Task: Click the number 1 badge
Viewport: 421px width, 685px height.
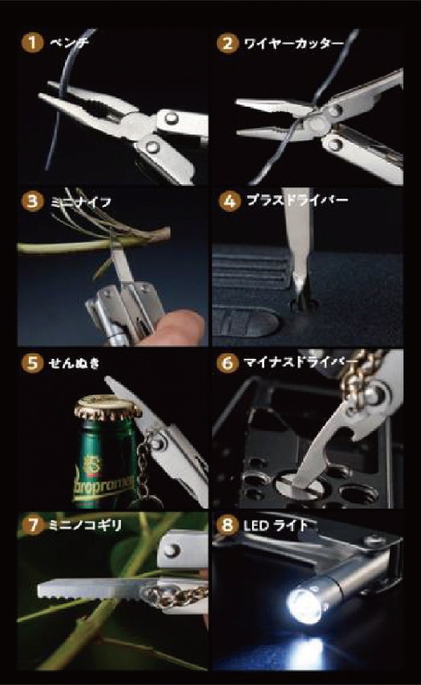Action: [32, 42]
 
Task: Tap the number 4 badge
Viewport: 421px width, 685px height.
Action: [229, 201]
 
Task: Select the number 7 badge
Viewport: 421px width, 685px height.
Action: [32, 525]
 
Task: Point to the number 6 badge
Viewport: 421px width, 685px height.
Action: [227, 363]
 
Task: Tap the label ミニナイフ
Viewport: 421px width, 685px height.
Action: [81, 202]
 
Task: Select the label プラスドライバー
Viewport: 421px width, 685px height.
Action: [297, 200]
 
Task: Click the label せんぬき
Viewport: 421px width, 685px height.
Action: [74, 363]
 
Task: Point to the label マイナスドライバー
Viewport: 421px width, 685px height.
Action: [301, 362]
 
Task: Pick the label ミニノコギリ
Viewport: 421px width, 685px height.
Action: [85, 525]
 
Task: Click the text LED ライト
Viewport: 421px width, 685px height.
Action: [275, 525]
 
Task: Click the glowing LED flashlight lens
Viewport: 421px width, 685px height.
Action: [303, 605]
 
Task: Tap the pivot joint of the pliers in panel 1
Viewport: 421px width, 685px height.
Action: [135, 123]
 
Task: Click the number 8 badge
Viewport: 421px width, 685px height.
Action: [227, 525]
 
